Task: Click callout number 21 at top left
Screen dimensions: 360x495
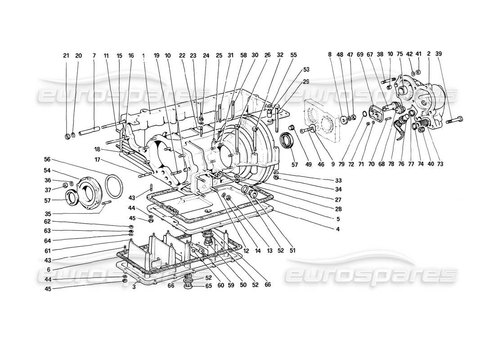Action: pos(66,56)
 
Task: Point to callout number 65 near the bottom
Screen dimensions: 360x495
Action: pos(208,286)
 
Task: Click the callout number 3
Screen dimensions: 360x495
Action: pos(134,287)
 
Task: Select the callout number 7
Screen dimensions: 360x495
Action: pos(94,56)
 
